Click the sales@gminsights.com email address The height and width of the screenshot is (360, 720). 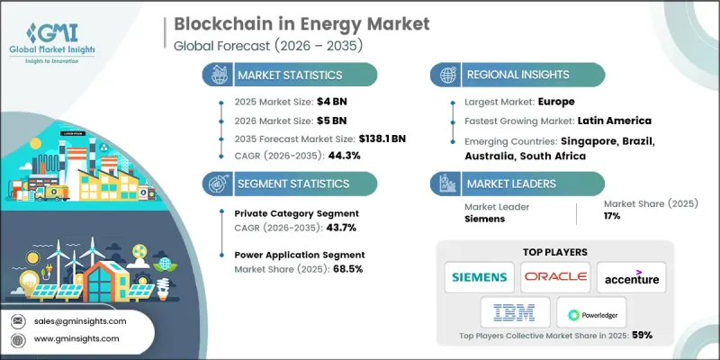pos(78,320)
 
